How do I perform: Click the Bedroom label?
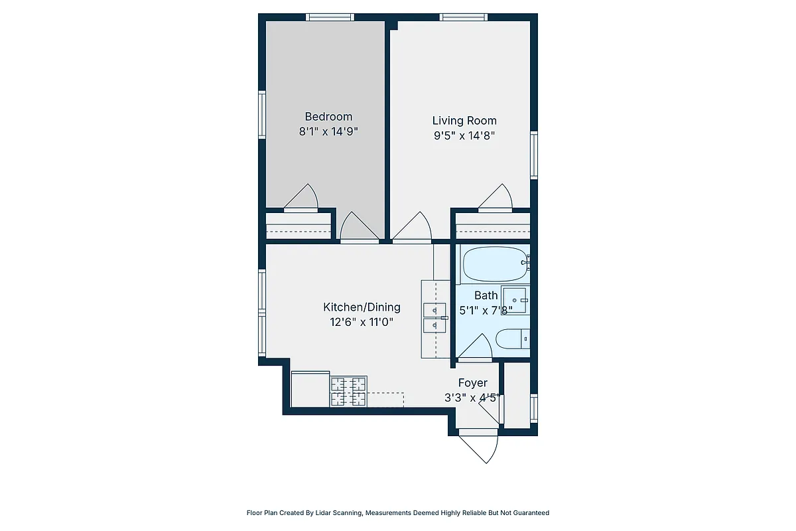pyautogui.click(x=328, y=116)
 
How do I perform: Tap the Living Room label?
pyautogui.click(x=464, y=120)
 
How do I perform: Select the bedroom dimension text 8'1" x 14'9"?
pyautogui.click(x=328, y=131)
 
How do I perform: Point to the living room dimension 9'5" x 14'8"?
pyautogui.click(x=464, y=135)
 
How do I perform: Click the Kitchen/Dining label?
pyautogui.click(x=362, y=307)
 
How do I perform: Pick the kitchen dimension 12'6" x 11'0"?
pyautogui.click(x=362, y=322)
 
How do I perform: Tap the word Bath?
pyautogui.click(x=486, y=295)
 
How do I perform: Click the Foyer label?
pyautogui.click(x=473, y=383)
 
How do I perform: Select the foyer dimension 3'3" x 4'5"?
pyautogui.click(x=471, y=398)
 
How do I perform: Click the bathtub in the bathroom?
pyautogui.click(x=494, y=264)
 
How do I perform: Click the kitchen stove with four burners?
pyautogui.click(x=349, y=391)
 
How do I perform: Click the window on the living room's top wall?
pyautogui.click(x=464, y=17)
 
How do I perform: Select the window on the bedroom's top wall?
pyautogui.click(x=330, y=17)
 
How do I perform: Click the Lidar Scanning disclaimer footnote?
pyautogui.click(x=398, y=512)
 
